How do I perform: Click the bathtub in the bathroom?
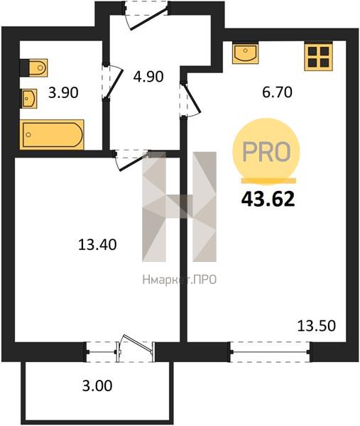(x=52, y=134)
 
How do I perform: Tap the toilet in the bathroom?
(x=34, y=67)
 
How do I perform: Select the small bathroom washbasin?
(x=29, y=99)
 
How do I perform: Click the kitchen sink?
(x=245, y=53)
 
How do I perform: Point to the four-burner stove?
(x=318, y=56)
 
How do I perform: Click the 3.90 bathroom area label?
(x=63, y=92)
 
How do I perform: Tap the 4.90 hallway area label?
(x=148, y=77)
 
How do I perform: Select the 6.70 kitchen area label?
(x=277, y=92)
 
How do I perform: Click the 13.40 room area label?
(x=97, y=244)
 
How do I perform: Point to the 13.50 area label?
(x=317, y=326)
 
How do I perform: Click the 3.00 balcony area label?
(x=97, y=386)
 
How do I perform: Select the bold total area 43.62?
(x=268, y=199)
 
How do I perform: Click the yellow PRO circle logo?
(x=266, y=152)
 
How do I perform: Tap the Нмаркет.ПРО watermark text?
(x=180, y=279)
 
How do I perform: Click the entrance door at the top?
(x=146, y=14)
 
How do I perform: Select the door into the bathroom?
(x=112, y=82)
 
